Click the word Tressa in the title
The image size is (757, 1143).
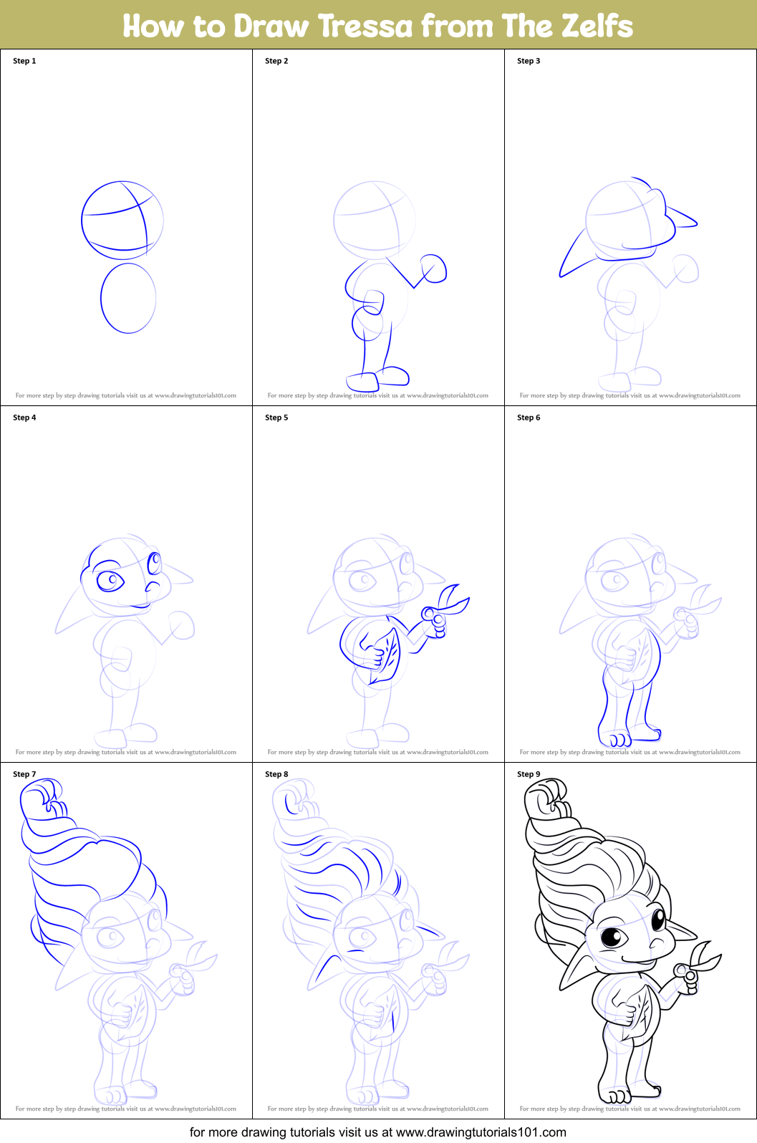pos(365,26)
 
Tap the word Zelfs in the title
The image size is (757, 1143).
pos(597,26)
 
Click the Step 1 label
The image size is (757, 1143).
pos(24,61)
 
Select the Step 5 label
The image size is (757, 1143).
pos(276,418)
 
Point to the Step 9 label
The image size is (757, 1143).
pos(529,774)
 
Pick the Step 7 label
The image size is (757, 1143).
pos(24,774)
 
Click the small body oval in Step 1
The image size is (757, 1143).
pos(128,298)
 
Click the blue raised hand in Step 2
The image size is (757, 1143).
pos(433,269)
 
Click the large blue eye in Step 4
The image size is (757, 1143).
pos(110,579)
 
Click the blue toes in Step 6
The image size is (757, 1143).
pos(615,738)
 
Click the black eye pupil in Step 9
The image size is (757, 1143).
pos(612,936)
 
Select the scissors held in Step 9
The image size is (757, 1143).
pos(698,966)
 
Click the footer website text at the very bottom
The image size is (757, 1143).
pos(378,1132)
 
